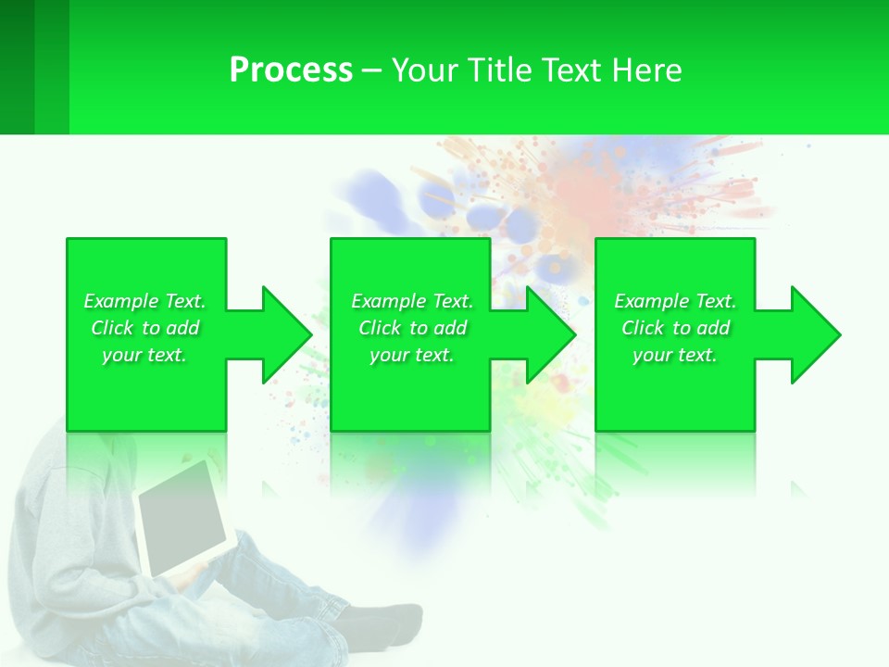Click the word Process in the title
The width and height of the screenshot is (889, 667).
(291, 70)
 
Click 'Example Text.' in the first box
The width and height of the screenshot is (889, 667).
(144, 301)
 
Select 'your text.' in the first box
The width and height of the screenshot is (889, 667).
(144, 355)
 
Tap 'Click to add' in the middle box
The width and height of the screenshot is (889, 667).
(412, 328)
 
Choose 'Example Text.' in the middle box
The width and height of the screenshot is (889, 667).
(412, 301)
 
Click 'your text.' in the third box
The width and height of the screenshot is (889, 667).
(675, 355)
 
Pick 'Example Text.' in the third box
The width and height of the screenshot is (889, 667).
(675, 301)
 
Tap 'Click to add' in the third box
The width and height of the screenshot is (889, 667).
(675, 328)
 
